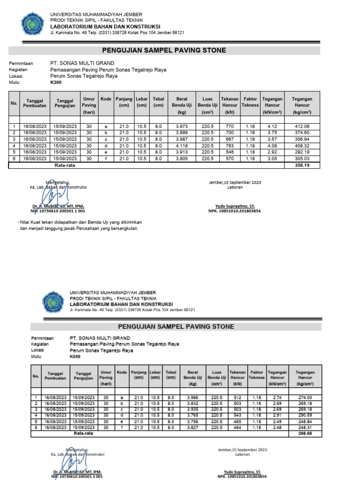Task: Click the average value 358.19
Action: coord(302,165)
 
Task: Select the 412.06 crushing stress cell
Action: coord(302,127)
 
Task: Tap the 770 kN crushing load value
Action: coord(230,127)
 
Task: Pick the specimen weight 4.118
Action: coord(181,146)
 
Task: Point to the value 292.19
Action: coord(302,152)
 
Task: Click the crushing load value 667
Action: coord(230,139)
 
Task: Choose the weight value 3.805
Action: coord(181,159)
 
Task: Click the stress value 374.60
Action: coord(302,133)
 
